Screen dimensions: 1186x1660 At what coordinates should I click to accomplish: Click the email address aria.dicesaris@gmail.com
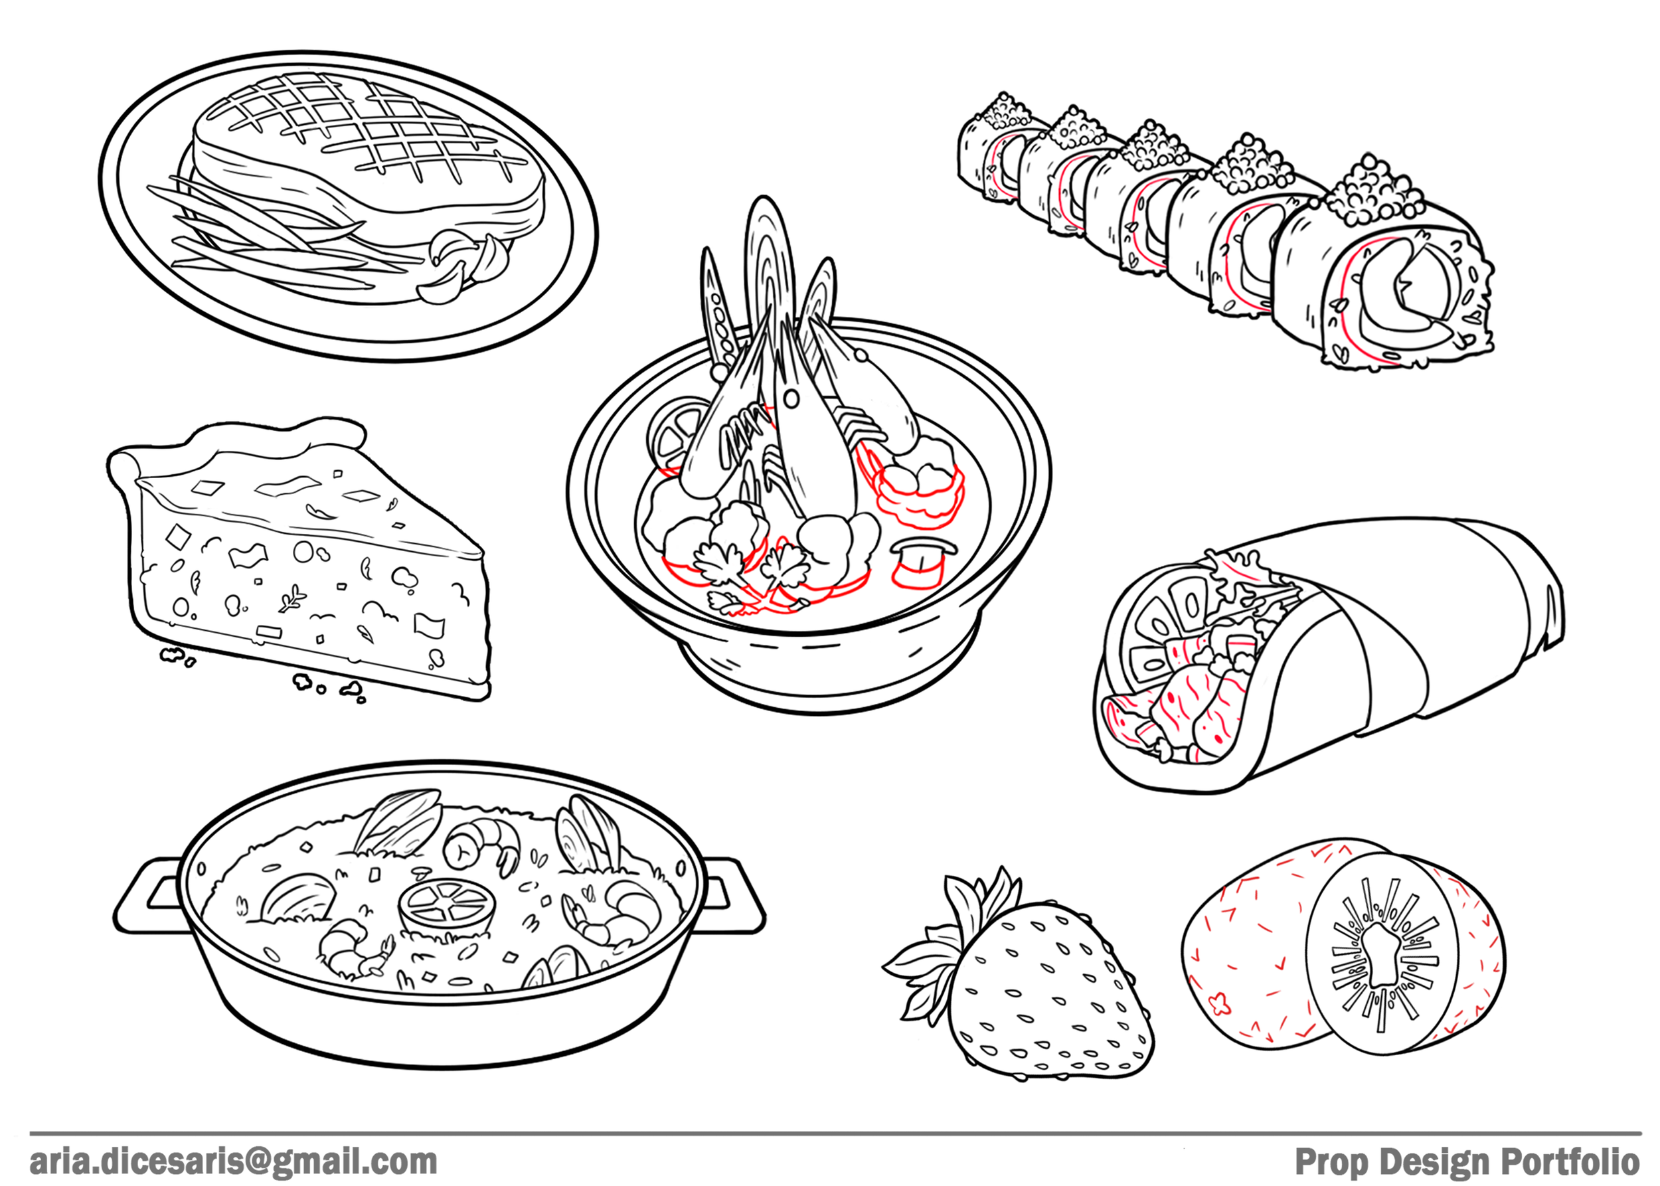click(x=234, y=1161)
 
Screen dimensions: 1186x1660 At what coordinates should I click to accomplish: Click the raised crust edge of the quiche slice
click(x=241, y=446)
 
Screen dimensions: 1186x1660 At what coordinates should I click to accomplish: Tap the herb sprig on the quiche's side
click(x=292, y=599)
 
